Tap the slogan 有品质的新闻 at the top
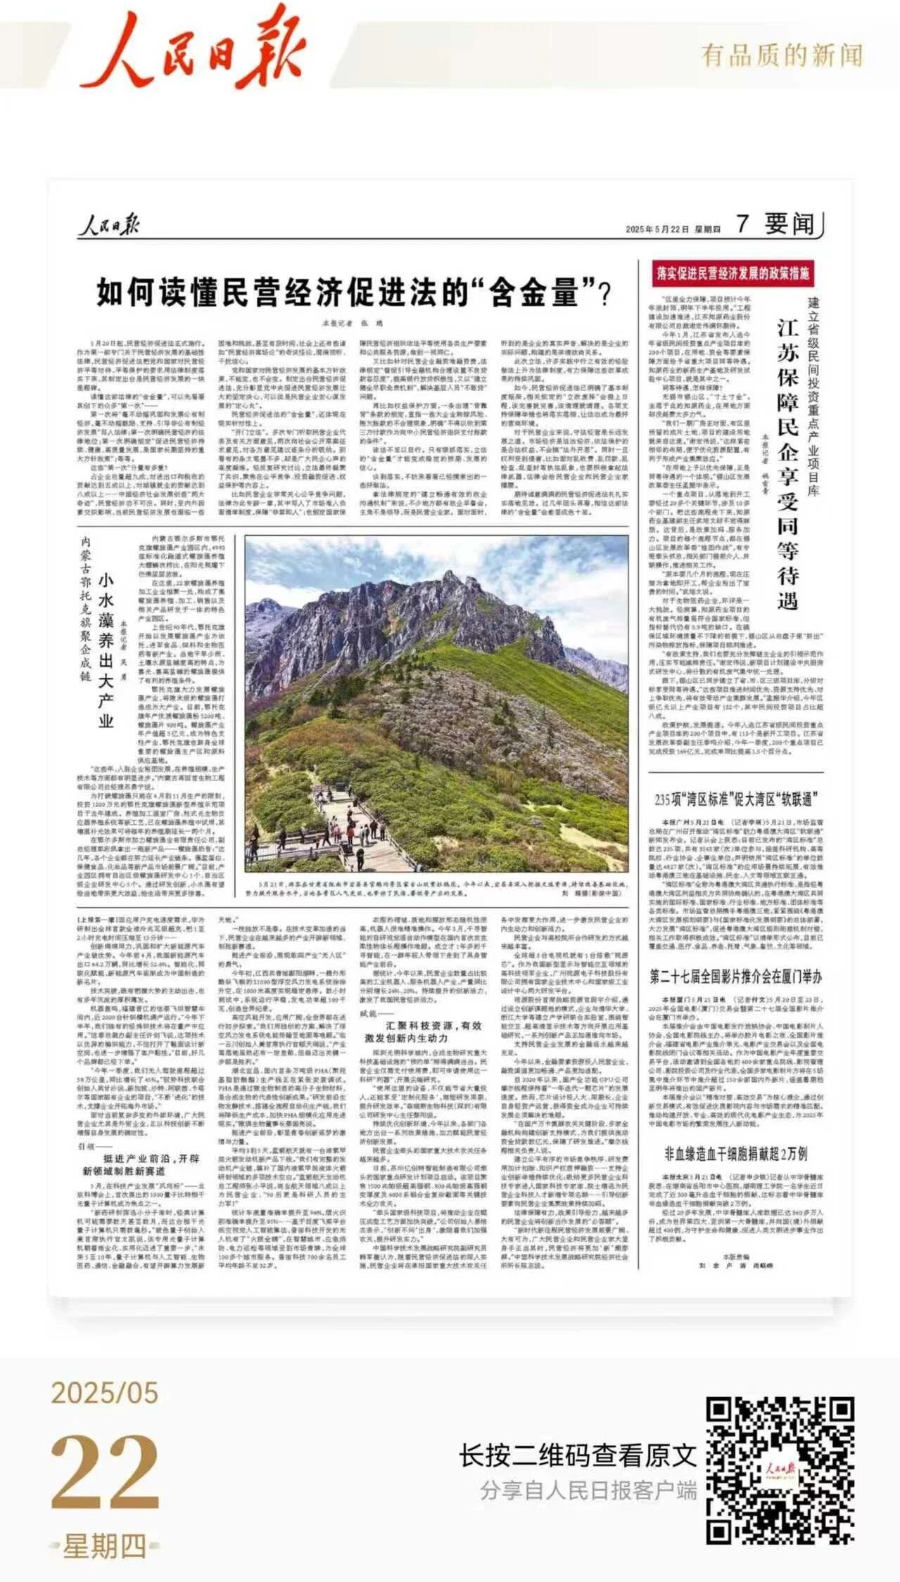coord(781,55)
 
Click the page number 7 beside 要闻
coord(743,224)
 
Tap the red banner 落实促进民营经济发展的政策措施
coord(733,273)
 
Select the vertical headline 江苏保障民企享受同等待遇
coord(787,464)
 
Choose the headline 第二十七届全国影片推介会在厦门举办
coord(735,977)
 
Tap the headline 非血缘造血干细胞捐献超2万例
coord(735,1154)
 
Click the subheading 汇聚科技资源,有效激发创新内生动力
coord(423,1031)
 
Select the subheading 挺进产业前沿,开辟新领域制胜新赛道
coord(140,1165)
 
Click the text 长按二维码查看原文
coord(578,1455)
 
